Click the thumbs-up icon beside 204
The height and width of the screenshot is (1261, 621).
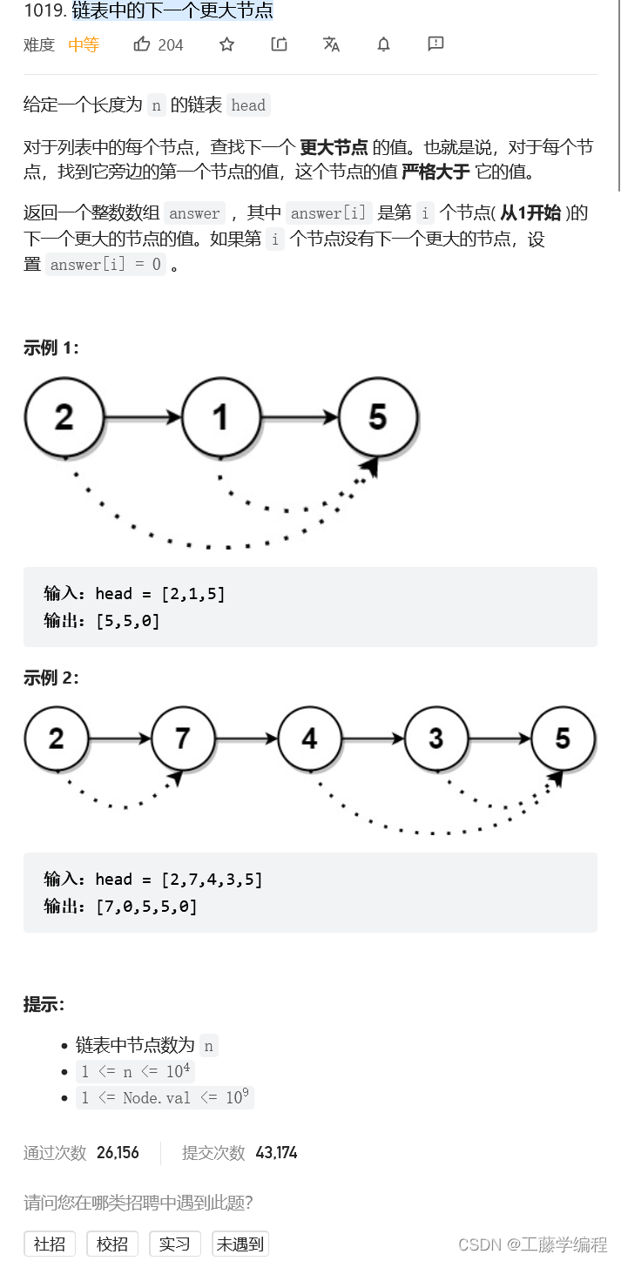[142, 44]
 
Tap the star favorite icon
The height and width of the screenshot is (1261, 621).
[226, 44]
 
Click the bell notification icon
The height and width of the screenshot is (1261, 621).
[383, 44]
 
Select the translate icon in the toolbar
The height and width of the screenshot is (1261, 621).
[331, 44]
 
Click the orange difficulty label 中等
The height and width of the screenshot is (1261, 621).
[84, 45]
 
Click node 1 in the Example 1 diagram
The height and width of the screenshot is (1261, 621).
[221, 417]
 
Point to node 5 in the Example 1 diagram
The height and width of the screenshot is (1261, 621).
[378, 417]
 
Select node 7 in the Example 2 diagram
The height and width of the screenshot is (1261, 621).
[182, 738]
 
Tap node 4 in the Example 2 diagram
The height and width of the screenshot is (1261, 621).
[309, 738]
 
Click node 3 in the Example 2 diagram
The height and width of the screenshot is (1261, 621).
[436, 738]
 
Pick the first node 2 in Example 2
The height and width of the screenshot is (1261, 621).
[57, 738]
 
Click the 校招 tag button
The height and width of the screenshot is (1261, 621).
[111, 1244]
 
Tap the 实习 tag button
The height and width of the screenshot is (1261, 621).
[174, 1244]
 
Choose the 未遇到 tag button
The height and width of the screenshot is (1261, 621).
[240, 1244]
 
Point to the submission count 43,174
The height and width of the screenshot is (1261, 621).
[276, 1153]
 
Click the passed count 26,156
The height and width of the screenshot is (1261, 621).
[118, 1153]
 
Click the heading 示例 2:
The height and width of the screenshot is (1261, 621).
[51, 678]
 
